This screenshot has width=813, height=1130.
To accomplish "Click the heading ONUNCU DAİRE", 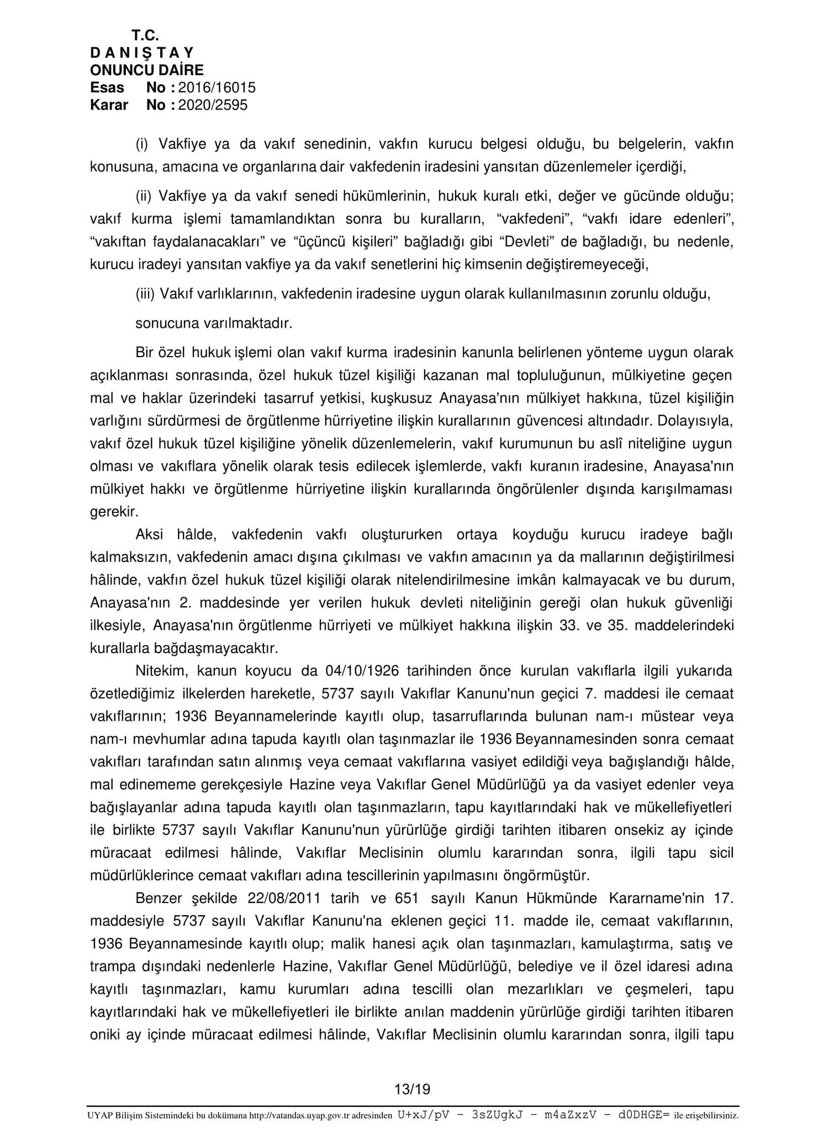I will pyautogui.click(x=146, y=70).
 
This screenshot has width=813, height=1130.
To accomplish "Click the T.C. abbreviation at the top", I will pyautogui.click(x=145, y=35).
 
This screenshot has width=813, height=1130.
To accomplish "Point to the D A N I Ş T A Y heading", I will pyautogui.click(x=141, y=53).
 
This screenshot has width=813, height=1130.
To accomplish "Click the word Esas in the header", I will pyautogui.click(x=107, y=88).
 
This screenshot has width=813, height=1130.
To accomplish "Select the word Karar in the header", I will pyautogui.click(x=109, y=105).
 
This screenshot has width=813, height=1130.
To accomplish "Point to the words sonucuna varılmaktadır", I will pyautogui.click(x=214, y=323).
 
